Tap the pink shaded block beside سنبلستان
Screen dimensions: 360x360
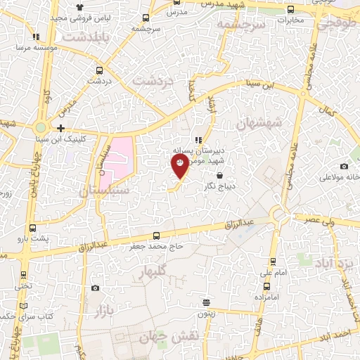120,157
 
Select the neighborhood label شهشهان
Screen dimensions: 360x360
263,123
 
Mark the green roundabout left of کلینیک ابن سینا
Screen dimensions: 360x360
41,128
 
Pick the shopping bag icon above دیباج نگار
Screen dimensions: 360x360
220,175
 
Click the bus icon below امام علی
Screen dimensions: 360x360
266,285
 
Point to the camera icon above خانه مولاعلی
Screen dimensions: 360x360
344,166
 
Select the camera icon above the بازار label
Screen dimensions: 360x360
95,288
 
